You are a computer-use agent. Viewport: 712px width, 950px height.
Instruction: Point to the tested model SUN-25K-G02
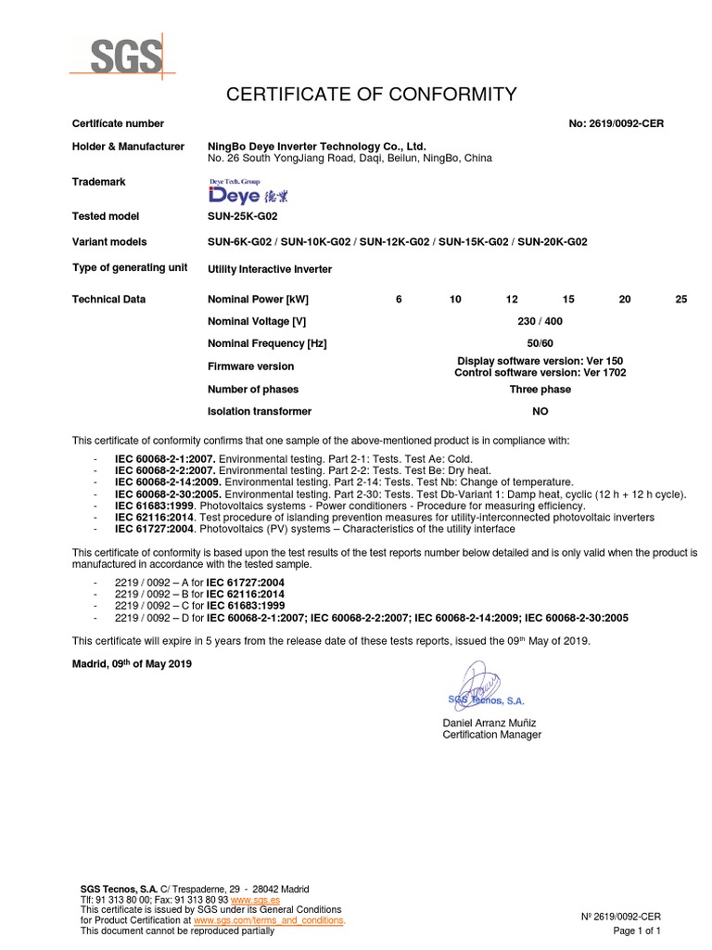click(243, 216)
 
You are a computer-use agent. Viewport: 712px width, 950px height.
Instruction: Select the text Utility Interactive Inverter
click(270, 269)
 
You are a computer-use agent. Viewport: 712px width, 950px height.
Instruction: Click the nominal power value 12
click(512, 300)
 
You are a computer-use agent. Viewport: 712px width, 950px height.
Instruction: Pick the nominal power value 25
click(681, 300)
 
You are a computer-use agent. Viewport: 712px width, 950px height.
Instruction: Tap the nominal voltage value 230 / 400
click(540, 321)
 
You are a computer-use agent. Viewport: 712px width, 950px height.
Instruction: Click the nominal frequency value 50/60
click(540, 343)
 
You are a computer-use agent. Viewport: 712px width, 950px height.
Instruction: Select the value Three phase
click(540, 390)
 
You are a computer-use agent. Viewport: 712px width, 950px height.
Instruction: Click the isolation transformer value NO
click(540, 411)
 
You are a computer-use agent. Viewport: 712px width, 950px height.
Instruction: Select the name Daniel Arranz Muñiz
click(490, 722)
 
